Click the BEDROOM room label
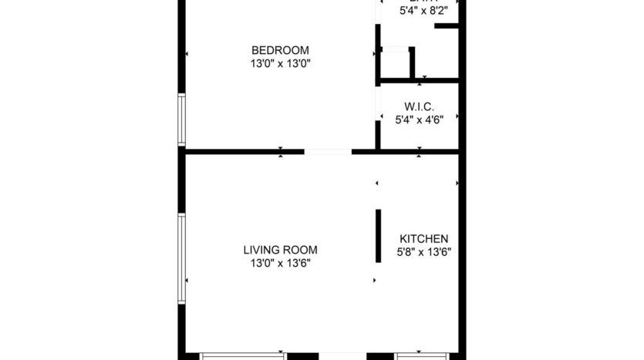280,51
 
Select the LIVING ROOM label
280,250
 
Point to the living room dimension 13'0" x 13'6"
280,263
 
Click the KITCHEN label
423,239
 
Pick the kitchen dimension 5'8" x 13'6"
423,251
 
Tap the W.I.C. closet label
420,106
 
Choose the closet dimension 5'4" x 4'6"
420,119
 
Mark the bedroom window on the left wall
182,119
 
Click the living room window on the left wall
182,258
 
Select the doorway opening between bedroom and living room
327,152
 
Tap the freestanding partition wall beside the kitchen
378,236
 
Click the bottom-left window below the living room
243,355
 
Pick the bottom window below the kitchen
421,355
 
